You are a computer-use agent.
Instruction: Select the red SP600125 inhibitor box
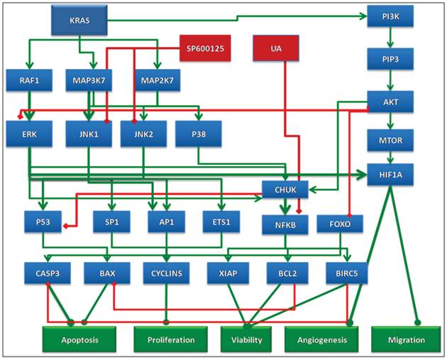point(202,48)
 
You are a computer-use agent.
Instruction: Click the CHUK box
point(284,189)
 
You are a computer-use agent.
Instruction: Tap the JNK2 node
point(139,133)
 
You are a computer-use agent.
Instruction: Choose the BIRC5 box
point(346,273)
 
